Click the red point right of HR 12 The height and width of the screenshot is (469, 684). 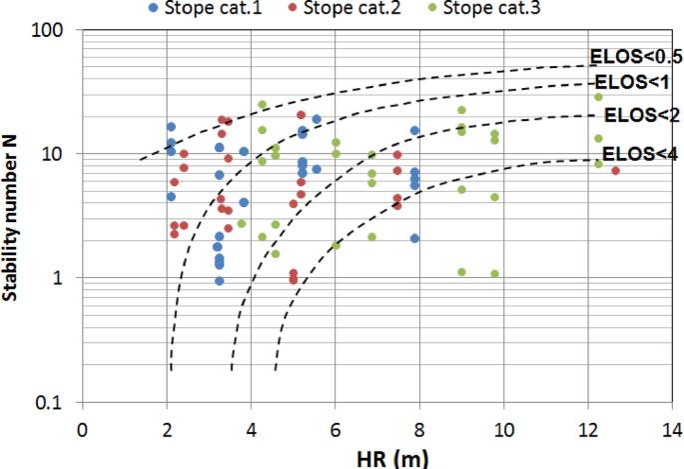pos(615,171)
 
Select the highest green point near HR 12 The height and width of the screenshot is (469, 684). pos(598,96)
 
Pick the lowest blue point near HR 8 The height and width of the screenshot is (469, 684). pos(414,238)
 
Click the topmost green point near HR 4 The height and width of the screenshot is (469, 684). pos(262,104)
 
